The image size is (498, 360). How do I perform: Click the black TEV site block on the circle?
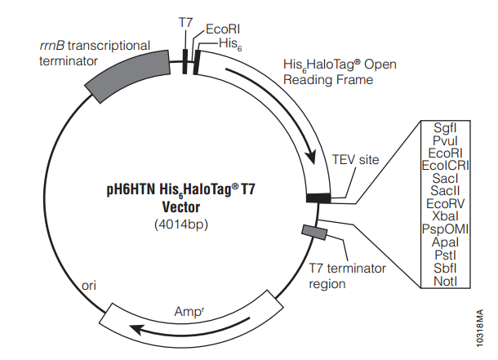(318, 197)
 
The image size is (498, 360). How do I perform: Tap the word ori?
(91, 287)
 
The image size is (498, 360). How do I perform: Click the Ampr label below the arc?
(187, 311)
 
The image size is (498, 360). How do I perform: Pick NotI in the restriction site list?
(445, 280)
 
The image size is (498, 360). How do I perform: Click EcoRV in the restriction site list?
(445, 203)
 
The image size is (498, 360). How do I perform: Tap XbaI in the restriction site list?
(445, 216)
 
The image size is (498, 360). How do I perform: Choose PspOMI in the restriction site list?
(445, 229)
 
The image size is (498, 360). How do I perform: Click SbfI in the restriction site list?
(445, 268)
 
